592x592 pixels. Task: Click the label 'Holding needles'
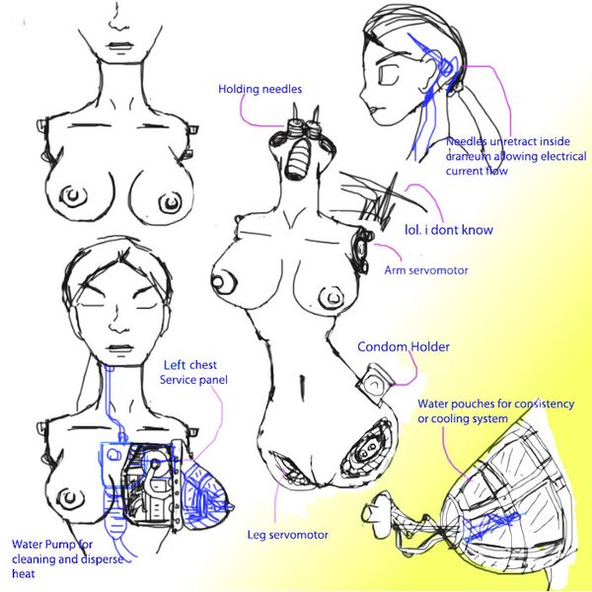pos(259,90)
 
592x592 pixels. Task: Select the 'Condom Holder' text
pos(403,346)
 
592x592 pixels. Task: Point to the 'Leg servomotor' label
pos(288,535)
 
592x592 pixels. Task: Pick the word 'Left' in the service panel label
pos(176,362)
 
